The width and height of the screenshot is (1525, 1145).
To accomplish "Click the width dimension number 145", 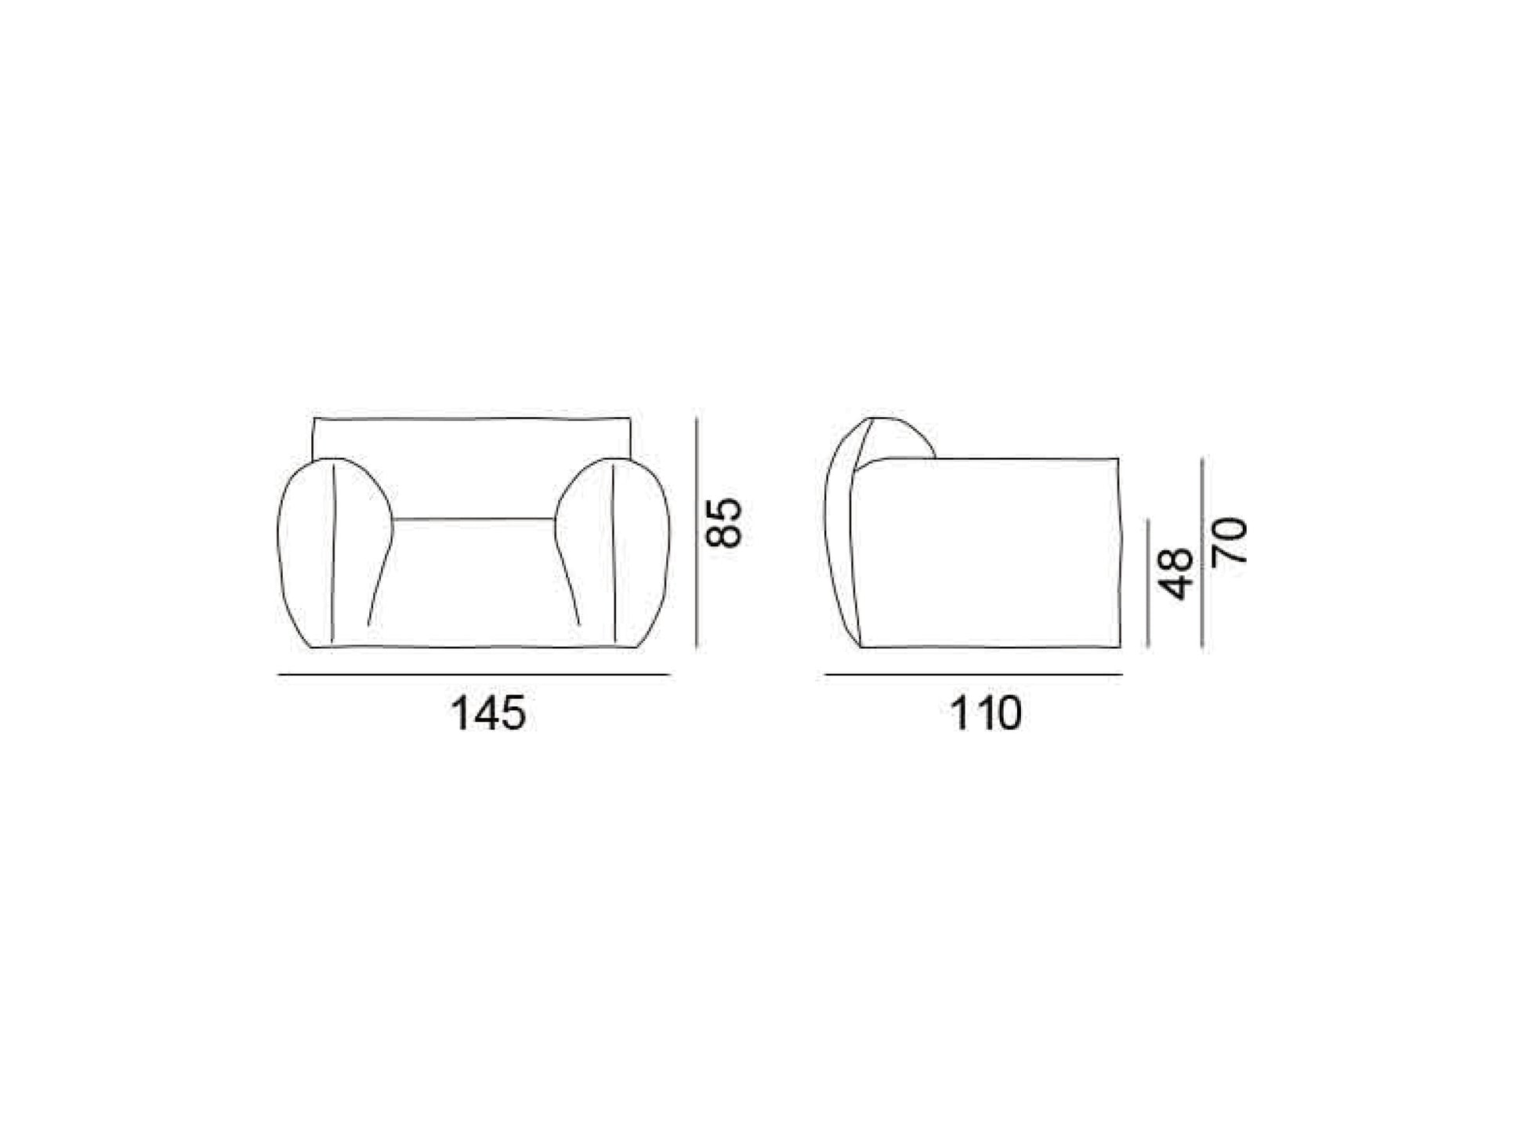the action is [x=488, y=714].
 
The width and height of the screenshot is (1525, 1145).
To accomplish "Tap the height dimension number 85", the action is [x=723, y=523].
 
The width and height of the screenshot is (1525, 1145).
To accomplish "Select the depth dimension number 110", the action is [x=986, y=714].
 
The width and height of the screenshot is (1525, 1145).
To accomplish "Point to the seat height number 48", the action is [x=1175, y=574].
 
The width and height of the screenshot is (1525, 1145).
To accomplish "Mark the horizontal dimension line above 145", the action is [x=474, y=674].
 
